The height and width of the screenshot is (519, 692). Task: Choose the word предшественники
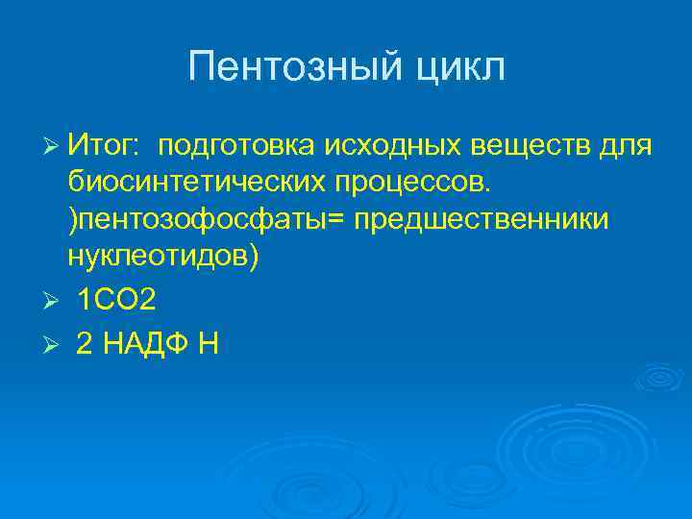(x=481, y=220)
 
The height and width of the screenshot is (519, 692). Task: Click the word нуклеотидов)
(x=163, y=258)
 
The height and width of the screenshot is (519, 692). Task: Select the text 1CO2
(x=115, y=302)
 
